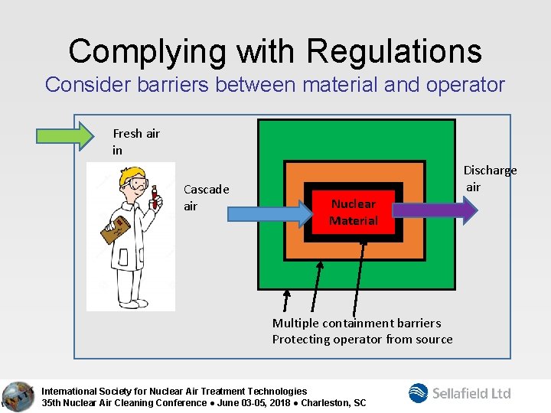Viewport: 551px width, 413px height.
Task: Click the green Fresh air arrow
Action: pos(73,136)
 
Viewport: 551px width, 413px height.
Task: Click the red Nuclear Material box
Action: pos(353,213)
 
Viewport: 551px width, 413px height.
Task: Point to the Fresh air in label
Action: pos(135,141)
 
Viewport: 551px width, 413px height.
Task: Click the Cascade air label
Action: pos(206,197)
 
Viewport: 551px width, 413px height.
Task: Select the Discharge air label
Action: pos(489,178)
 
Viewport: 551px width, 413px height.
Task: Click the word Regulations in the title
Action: pos(394,51)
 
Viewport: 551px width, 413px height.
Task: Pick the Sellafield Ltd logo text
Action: pos(471,393)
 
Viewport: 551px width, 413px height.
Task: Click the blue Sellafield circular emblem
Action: pos(419,393)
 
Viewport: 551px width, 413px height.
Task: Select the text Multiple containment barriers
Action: pos(357,323)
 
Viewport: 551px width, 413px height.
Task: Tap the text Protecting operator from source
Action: pos(362,339)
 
